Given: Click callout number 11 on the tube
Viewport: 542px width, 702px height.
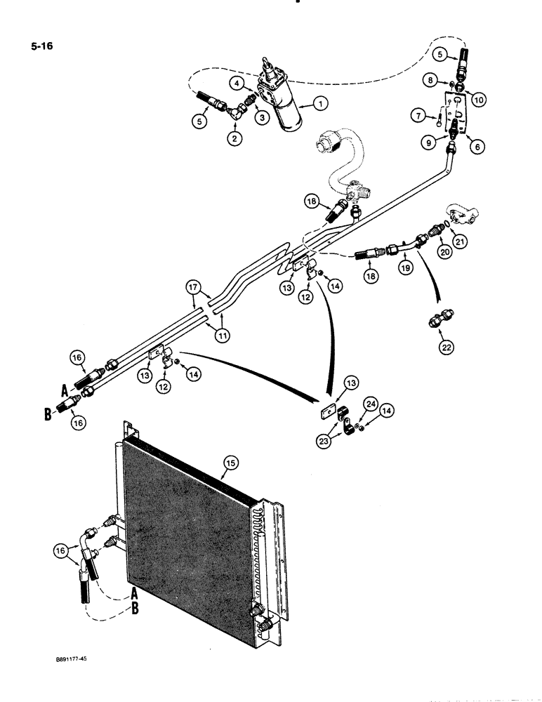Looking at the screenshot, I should (223, 336).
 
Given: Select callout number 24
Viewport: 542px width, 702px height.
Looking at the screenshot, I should (371, 403).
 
